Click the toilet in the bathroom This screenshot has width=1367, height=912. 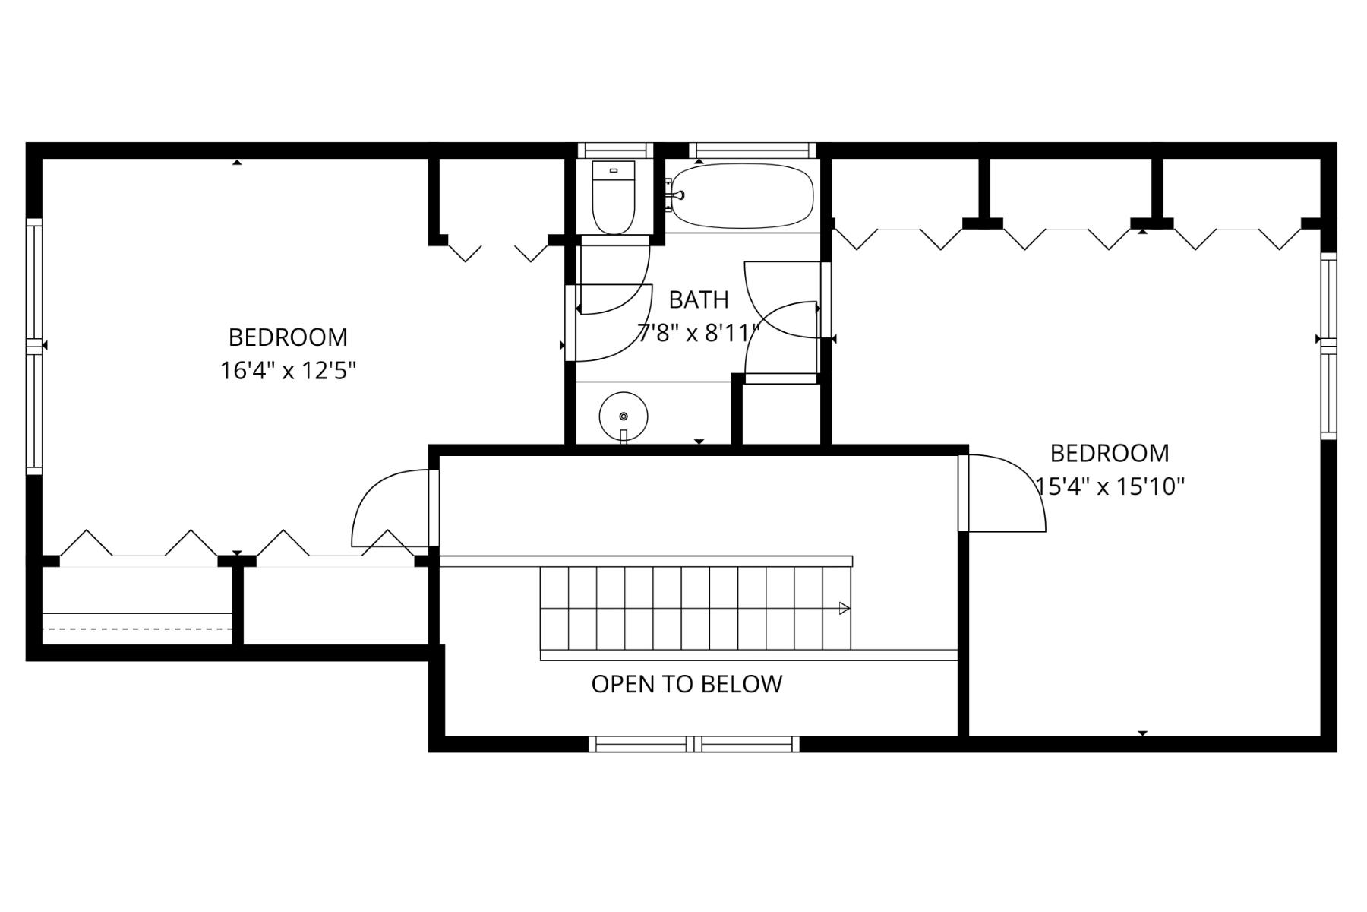tap(613, 197)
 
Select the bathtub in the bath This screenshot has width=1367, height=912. tap(742, 196)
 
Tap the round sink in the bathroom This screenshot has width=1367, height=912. tap(624, 417)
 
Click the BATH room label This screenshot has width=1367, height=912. tap(699, 300)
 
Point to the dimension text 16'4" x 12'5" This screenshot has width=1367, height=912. tap(289, 371)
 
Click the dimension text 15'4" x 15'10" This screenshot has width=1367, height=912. tap(1110, 486)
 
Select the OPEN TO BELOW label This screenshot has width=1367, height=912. tap(687, 684)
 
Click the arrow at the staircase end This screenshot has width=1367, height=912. tap(844, 608)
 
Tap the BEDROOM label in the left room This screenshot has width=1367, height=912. tap(288, 337)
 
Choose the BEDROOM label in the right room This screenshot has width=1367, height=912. tap(1110, 453)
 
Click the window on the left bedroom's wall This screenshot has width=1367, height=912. tap(33, 347)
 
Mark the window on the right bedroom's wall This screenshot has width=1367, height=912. tap(1328, 346)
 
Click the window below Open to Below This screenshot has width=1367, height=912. tap(694, 744)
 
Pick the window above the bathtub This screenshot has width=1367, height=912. tap(753, 150)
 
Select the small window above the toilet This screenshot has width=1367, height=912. tap(615, 150)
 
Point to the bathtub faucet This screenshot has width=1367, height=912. tap(674, 195)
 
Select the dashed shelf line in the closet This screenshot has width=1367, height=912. tap(137, 629)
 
